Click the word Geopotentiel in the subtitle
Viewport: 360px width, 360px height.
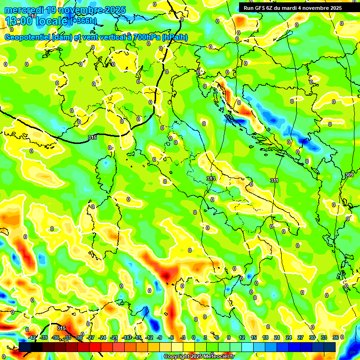pyautogui.click(x=28, y=37)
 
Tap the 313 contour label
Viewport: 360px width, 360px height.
pyautogui.click(x=211, y=179)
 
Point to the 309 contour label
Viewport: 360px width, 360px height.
pyautogui.click(x=349, y=175)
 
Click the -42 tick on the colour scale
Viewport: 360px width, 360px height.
pyautogui.click(x=32, y=337)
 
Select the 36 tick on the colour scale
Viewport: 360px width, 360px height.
pyautogui.click(x=335, y=337)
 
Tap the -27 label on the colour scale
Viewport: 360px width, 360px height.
pyautogui.click(x=91, y=337)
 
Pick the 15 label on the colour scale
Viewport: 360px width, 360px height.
pyautogui.click(x=254, y=337)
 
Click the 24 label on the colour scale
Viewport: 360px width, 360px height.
pyautogui.click(x=289, y=337)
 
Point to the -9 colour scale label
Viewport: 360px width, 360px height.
pyautogui.click(x=160, y=337)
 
